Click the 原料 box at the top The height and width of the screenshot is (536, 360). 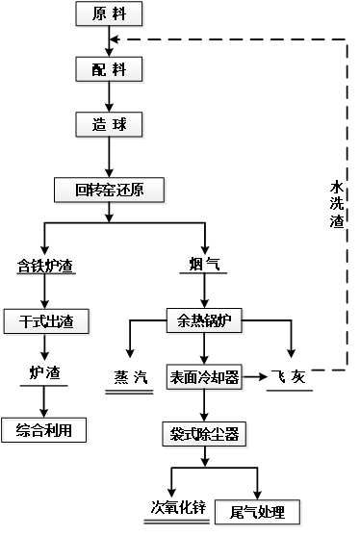click(x=110, y=14)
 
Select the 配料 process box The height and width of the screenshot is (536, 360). click(x=110, y=69)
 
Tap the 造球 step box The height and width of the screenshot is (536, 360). click(x=110, y=125)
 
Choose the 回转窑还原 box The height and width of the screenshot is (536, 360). click(x=110, y=191)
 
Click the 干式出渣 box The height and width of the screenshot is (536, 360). click(x=46, y=321)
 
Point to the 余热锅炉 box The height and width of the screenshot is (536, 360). click(x=205, y=320)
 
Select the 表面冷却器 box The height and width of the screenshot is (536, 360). click(x=203, y=378)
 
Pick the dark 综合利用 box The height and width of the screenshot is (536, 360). click(x=45, y=432)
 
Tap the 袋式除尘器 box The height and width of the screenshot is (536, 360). click(x=204, y=434)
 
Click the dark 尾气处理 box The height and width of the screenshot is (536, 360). click(x=258, y=514)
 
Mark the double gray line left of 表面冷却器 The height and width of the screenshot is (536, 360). click(x=129, y=392)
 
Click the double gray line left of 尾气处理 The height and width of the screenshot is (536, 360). click(x=176, y=522)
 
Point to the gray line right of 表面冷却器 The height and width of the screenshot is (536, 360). click(x=289, y=391)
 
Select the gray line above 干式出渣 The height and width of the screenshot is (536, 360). click(x=46, y=274)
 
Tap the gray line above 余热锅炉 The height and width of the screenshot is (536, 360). click(x=203, y=274)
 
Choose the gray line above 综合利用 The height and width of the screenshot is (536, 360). click(x=43, y=386)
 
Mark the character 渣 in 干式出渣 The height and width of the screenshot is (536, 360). click(x=66, y=321)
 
